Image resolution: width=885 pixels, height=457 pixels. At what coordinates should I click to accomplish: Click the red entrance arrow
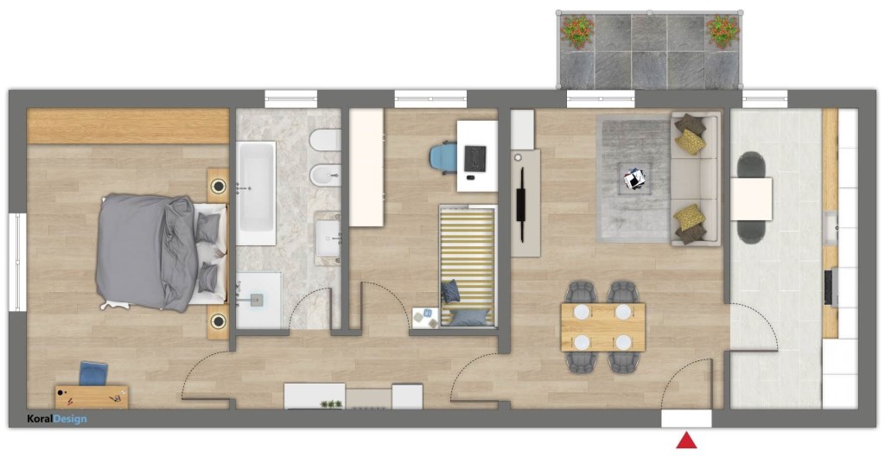point(686,440)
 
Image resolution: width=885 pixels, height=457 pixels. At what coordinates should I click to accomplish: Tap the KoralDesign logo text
point(57,419)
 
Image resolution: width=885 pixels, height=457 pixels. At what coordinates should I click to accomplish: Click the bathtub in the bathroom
point(256,193)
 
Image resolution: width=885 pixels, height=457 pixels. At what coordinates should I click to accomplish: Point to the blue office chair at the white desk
point(443,156)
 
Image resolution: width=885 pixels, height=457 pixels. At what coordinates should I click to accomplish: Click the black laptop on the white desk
point(475,159)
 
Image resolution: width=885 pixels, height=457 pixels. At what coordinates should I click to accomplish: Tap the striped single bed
point(468,266)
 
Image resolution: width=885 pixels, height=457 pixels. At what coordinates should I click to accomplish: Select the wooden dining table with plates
point(602,327)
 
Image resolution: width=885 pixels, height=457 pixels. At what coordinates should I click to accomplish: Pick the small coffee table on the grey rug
point(635,179)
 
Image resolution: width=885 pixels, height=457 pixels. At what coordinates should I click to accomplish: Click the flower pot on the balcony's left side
point(576,31)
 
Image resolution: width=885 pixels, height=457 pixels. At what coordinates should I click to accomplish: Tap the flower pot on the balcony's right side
point(723,30)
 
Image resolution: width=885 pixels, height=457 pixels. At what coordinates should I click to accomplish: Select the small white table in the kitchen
point(751,199)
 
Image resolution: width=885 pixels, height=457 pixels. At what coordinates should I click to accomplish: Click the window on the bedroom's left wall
point(17,261)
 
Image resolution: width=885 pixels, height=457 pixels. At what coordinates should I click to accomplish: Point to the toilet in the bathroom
point(326,140)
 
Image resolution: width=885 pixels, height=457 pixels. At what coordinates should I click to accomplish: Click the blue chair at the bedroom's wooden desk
point(93,373)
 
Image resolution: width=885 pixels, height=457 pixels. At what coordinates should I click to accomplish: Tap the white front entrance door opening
point(686,419)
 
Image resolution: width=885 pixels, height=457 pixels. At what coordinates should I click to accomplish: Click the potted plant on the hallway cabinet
point(331,404)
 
